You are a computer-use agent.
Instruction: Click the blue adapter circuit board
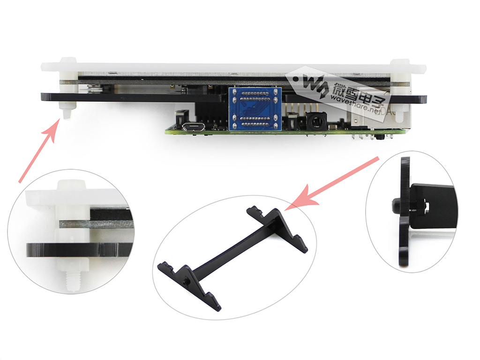coord(255,109)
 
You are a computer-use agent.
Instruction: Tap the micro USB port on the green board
coord(193,126)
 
